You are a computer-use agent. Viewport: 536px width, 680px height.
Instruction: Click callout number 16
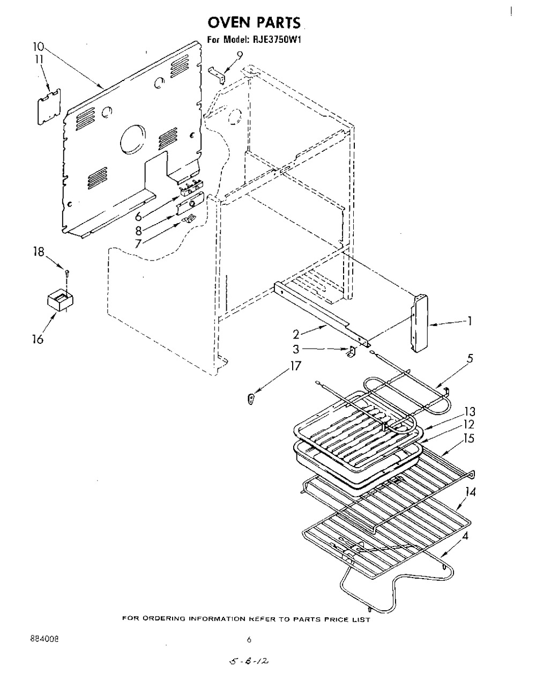pyautogui.click(x=37, y=339)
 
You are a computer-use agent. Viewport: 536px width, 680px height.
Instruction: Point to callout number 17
pyautogui.click(x=295, y=366)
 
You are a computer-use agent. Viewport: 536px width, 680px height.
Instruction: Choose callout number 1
pyautogui.click(x=470, y=322)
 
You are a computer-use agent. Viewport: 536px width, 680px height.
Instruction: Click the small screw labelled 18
pyautogui.click(x=66, y=274)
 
